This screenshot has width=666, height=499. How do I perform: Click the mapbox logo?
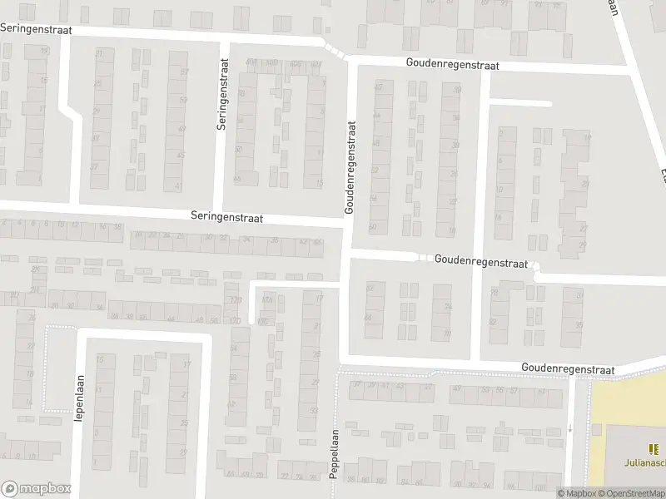(36, 489)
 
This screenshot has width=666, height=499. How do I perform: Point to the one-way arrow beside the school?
(570, 429)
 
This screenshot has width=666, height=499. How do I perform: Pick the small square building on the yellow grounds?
(596, 429)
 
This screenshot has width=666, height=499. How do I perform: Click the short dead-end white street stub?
(520, 103)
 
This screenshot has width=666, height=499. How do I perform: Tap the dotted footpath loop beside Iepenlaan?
(47, 369)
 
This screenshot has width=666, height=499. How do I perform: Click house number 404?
(252, 63)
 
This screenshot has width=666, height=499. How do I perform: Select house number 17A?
(267, 299)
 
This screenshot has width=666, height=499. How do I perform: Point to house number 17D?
(236, 320)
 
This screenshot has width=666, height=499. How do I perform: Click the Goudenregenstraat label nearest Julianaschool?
(568, 368)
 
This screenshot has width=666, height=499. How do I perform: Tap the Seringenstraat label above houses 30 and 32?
(225, 218)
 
